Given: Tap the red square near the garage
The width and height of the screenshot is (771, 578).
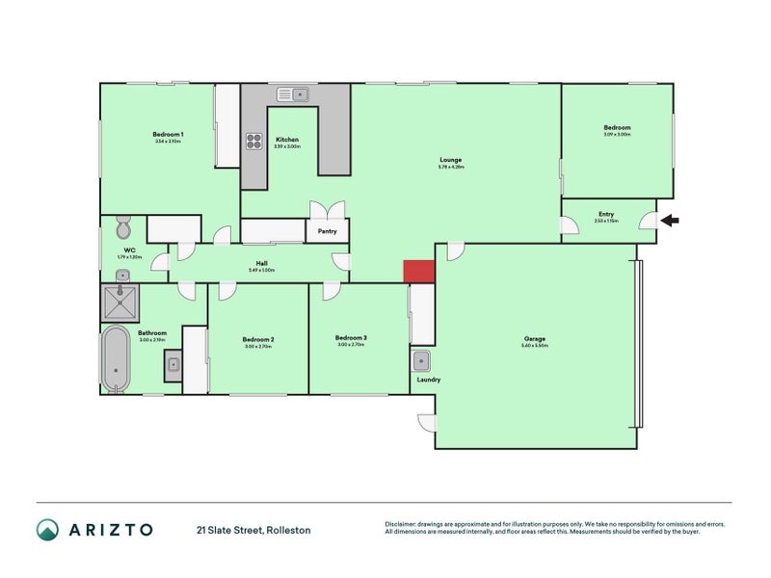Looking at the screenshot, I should pos(418,272).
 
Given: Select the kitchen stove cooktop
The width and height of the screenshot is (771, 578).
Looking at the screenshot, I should pos(254,142).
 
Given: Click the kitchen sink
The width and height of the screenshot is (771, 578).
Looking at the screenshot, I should pos(293,93).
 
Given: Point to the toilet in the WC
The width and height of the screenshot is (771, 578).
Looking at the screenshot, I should pos(123,229).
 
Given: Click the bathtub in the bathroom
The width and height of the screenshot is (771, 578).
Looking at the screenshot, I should pos(115,358).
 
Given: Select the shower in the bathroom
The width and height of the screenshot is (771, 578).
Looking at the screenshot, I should pos(122,302).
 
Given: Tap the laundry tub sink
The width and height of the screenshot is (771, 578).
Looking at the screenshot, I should pos(422,361).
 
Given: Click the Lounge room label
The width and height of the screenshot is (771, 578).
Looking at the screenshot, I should pos(451,160).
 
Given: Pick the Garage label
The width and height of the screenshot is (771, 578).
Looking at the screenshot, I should pos(535,339).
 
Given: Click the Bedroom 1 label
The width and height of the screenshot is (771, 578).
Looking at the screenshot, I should pos(168,134).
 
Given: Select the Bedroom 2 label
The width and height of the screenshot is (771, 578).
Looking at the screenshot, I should pos(258,339).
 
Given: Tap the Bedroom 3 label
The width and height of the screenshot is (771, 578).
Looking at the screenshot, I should pos(351,337).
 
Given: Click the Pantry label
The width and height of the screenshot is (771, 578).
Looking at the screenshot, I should pos(327,231).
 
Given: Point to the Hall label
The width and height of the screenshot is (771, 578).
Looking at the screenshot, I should pos(261,263).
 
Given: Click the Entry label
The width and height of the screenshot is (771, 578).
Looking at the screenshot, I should pos(606,214).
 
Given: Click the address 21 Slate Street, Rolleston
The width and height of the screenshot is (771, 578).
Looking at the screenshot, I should pos(253,530).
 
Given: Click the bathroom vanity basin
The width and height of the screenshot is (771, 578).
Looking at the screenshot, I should pos(173,364).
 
